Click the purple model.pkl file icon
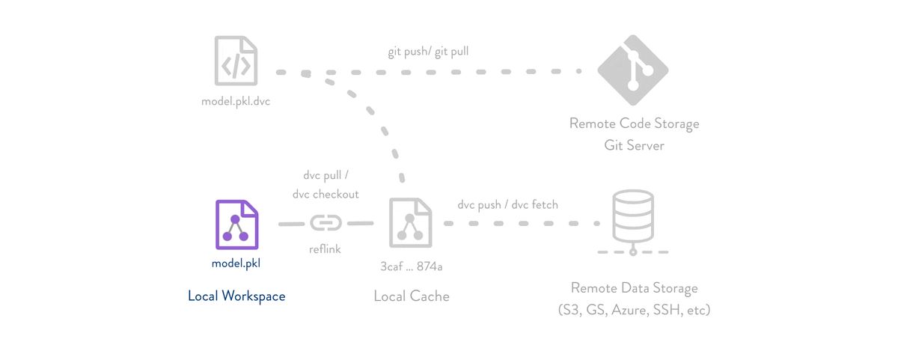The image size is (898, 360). coord(236,225)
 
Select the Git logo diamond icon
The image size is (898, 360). coord(633,70)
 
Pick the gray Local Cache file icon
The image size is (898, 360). coord(410,223)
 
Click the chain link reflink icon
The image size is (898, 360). coord(326,223)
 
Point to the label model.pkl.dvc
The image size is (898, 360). coord(236,101)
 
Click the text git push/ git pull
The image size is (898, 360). coord(428,52)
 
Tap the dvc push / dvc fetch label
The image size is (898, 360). coord(507,204)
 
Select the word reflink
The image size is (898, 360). coord(325,249)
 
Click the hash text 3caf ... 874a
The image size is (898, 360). coord(412,266)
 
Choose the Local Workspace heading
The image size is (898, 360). coord(236,296)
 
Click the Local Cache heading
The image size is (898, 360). coord(412,296)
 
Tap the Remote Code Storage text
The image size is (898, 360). coord(634,123)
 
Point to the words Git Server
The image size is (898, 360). coord(634,145)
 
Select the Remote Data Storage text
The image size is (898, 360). coord(634,288)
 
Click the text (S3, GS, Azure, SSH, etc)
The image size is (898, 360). coord(634,309)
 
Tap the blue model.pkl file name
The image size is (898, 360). coord(236,263)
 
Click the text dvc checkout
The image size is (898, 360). coord(326,194)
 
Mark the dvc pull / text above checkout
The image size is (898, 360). coord(326,176)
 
